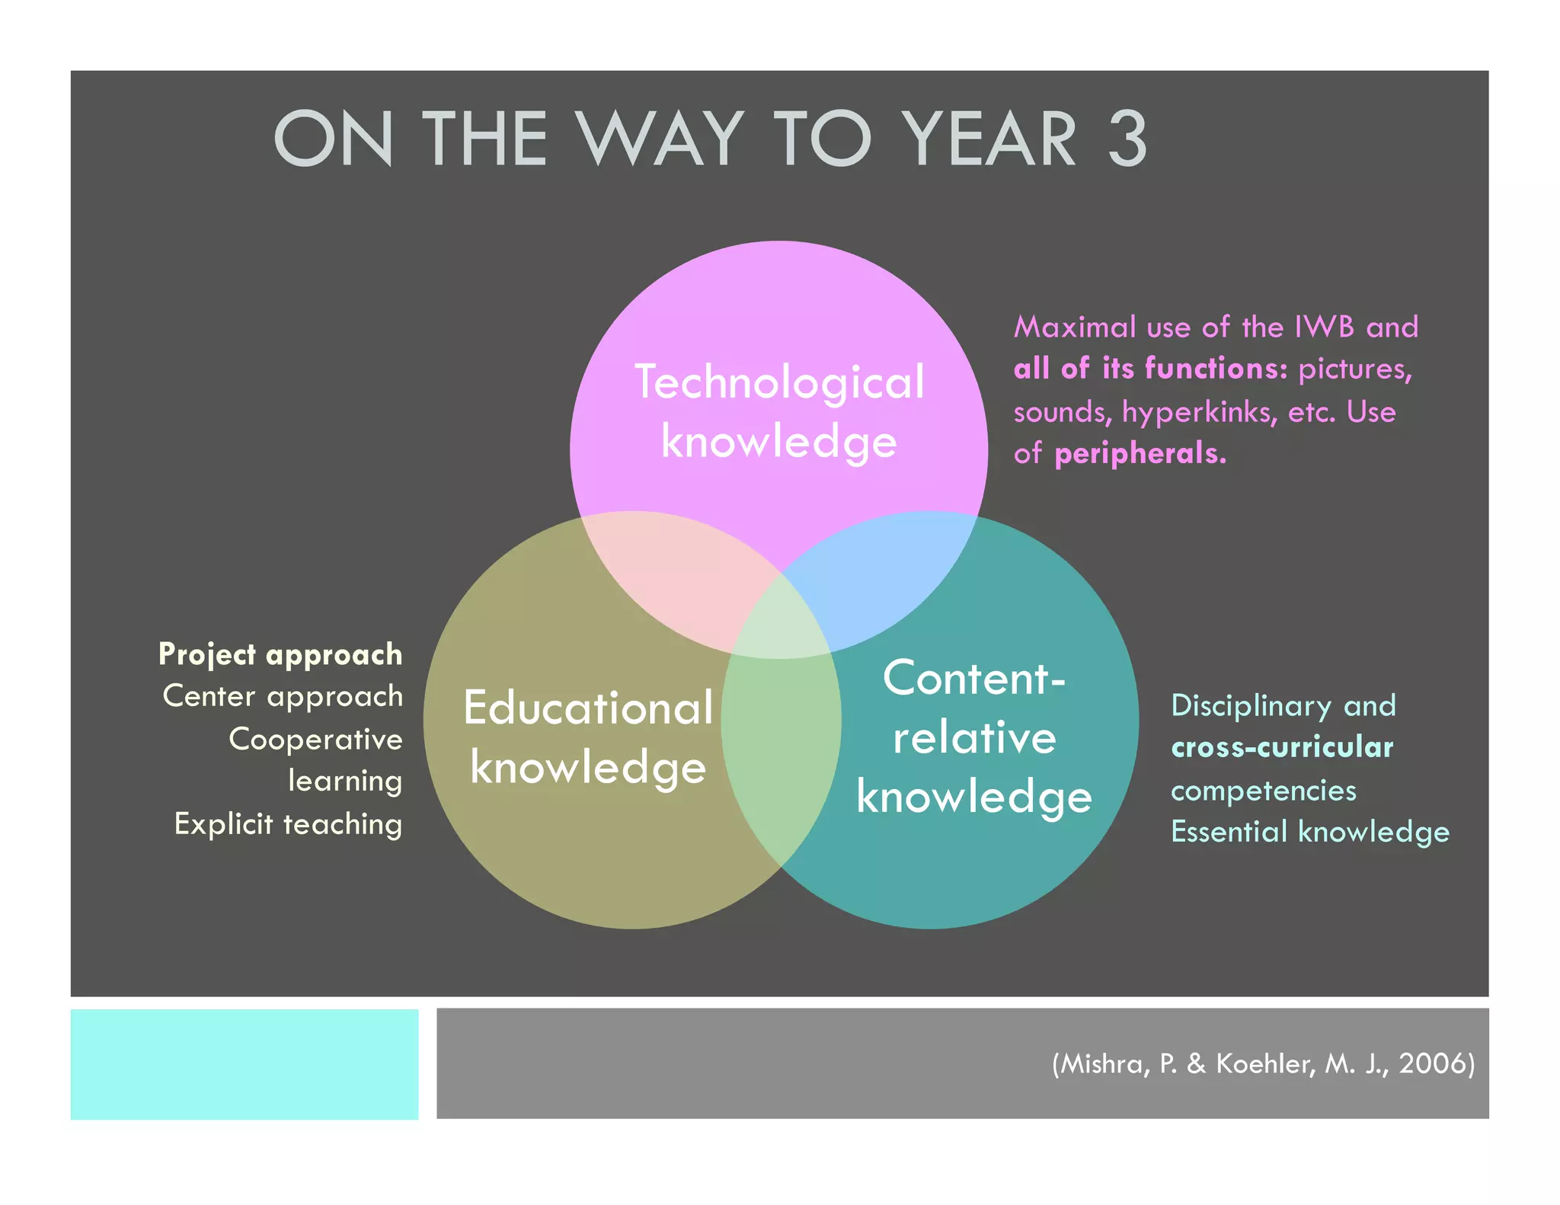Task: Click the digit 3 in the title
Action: point(1127,139)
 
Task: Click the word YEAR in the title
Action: point(989,139)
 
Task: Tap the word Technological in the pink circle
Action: point(779,382)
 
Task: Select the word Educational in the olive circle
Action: point(588,708)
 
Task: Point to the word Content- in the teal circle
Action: point(973,678)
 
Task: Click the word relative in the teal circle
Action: point(974,738)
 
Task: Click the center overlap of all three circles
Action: point(781,625)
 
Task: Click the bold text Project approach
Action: point(280,654)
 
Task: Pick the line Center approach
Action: point(283,696)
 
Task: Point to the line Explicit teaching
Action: point(288,824)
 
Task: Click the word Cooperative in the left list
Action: point(315,740)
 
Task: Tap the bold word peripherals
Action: point(1140,454)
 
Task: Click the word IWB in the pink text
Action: point(1325,327)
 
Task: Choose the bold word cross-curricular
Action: point(1282,747)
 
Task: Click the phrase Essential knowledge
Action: point(1309,832)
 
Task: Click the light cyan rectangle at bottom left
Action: point(244,1063)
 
